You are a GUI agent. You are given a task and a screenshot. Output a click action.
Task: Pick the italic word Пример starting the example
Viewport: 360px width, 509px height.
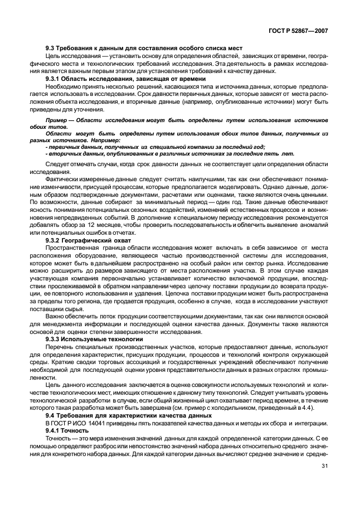[56, 120]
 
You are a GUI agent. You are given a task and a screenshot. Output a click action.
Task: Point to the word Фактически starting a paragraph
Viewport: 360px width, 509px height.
[62, 181]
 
